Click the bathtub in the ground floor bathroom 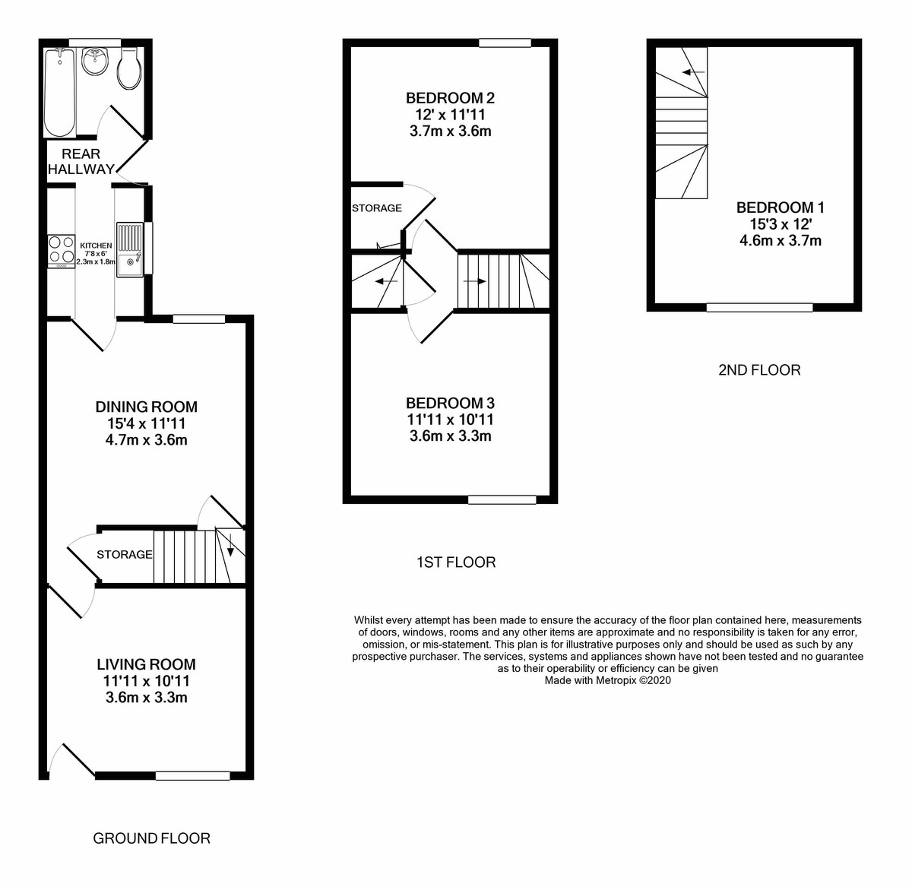coord(59,91)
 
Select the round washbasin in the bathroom coord(94,61)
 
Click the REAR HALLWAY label coord(81,162)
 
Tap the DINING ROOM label coord(147,407)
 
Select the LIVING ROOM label coord(146,664)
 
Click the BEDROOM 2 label coord(451,98)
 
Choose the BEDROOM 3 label coord(451,403)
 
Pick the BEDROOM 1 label coord(781,207)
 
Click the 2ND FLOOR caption coord(759,370)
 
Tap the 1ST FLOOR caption coord(456,562)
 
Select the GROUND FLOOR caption coord(151,838)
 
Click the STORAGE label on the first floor coord(377,208)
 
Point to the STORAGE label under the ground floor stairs coord(125,555)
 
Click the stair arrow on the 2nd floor coord(692,72)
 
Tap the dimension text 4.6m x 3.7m coord(781,241)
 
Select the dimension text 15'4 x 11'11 coord(147,423)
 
